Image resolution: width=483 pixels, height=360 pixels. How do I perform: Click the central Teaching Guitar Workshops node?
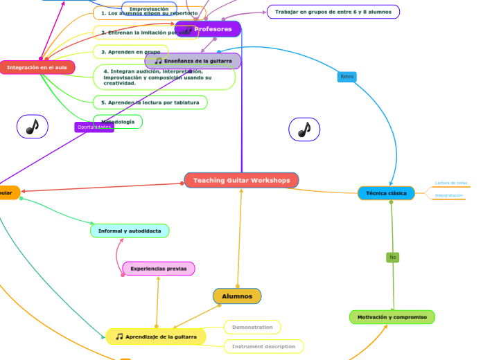[x=241, y=181]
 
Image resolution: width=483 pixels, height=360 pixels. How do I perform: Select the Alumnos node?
[x=237, y=296]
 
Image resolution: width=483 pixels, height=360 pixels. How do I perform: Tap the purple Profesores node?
[x=208, y=29]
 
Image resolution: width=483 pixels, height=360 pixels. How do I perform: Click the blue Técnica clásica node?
[x=386, y=193]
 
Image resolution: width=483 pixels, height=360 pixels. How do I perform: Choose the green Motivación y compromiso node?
[x=392, y=317]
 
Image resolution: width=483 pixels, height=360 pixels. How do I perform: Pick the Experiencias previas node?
[x=159, y=269]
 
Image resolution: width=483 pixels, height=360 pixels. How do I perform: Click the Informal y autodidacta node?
[x=130, y=231]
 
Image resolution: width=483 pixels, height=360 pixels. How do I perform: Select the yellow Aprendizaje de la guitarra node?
[x=156, y=337]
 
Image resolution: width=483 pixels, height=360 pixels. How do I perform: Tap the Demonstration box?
[x=252, y=327]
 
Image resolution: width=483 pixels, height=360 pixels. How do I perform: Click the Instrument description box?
[x=263, y=346]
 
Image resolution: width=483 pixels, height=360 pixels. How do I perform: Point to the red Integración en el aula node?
[x=37, y=68]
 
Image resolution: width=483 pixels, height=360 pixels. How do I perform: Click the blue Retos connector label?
[x=346, y=77]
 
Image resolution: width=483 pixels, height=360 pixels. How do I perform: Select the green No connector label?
[x=392, y=258]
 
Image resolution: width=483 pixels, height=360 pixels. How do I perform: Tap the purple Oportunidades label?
[x=94, y=127]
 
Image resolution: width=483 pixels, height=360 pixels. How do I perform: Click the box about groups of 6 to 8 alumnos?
[x=333, y=12]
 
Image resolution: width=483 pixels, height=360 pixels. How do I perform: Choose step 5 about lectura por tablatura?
[x=150, y=102]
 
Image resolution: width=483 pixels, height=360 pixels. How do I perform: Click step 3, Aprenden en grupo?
[x=130, y=52]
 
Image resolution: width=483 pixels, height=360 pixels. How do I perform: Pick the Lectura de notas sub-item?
[x=450, y=183]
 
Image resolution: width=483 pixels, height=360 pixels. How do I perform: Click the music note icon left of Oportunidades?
[x=32, y=127]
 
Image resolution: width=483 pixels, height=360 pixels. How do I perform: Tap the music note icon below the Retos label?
[x=304, y=129]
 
